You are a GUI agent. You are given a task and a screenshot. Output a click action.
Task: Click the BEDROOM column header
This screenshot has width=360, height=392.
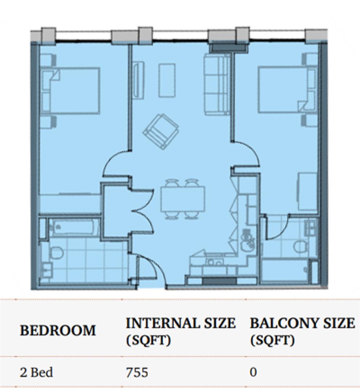tap(58, 330)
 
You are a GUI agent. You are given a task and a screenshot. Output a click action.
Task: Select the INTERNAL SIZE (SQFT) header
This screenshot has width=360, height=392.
tap(181, 331)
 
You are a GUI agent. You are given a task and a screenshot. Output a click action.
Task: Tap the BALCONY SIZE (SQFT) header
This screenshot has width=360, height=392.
tap(302, 331)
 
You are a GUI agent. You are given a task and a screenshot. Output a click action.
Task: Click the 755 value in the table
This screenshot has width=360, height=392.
tap(137, 372)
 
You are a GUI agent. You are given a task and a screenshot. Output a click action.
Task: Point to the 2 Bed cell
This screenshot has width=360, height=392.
tap(36, 372)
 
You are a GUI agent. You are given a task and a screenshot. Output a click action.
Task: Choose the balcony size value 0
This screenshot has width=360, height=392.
tap(253, 372)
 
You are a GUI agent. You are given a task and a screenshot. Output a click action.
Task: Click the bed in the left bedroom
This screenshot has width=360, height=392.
tap(70, 90)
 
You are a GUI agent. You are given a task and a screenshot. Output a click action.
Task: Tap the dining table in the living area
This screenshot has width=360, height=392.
tap(182, 199)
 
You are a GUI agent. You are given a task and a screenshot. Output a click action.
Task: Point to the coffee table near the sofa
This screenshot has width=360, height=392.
tap(167, 80)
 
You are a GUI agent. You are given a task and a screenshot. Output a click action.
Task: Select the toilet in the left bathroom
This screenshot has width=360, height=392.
tap(56, 253)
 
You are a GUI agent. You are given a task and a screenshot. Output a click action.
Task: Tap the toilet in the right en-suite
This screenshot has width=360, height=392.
tap(300, 247)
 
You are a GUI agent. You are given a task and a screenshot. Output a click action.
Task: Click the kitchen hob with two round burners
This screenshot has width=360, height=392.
tap(215, 262)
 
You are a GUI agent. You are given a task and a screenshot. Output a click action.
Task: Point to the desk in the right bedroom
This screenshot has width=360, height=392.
tap(307, 191)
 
